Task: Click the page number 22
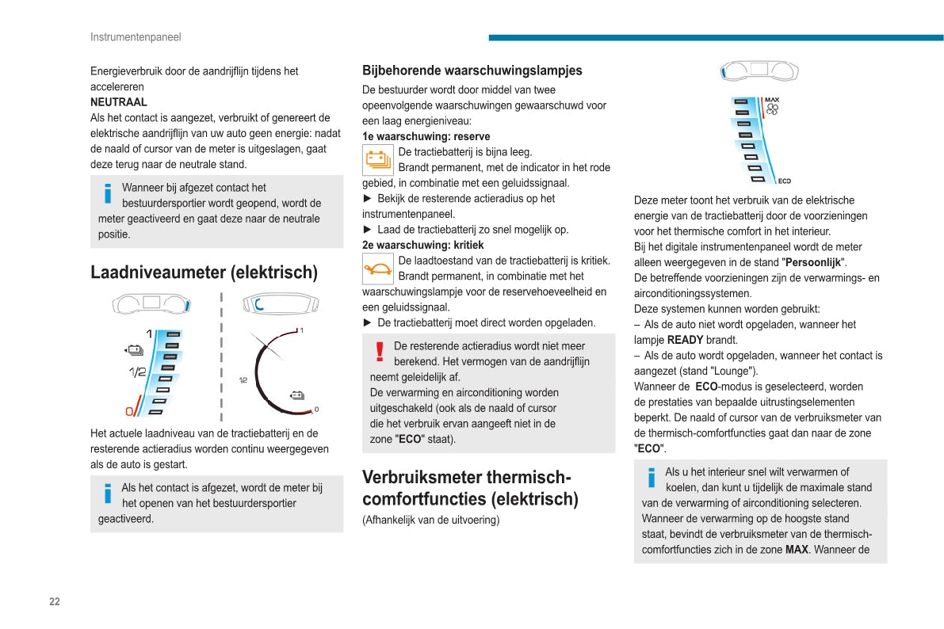[55, 601]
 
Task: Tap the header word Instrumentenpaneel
[136, 37]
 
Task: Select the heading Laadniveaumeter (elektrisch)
[204, 273]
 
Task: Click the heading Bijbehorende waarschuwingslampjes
[472, 71]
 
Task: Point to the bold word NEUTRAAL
[119, 102]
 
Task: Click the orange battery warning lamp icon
[377, 160]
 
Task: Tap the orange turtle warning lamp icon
[377, 269]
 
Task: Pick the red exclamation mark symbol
[380, 352]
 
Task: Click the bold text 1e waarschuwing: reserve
[426, 136]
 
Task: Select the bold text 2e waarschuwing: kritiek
[422, 245]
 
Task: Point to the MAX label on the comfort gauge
[772, 101]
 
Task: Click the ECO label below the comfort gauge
[784, 181]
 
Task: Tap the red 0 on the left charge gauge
[130, 411]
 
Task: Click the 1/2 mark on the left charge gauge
[137, 372]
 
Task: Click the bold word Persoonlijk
[814, 262]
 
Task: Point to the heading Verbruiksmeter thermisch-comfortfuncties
[470, 488]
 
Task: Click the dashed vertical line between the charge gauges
[221, 356]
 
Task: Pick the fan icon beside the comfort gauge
[772, 110]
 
